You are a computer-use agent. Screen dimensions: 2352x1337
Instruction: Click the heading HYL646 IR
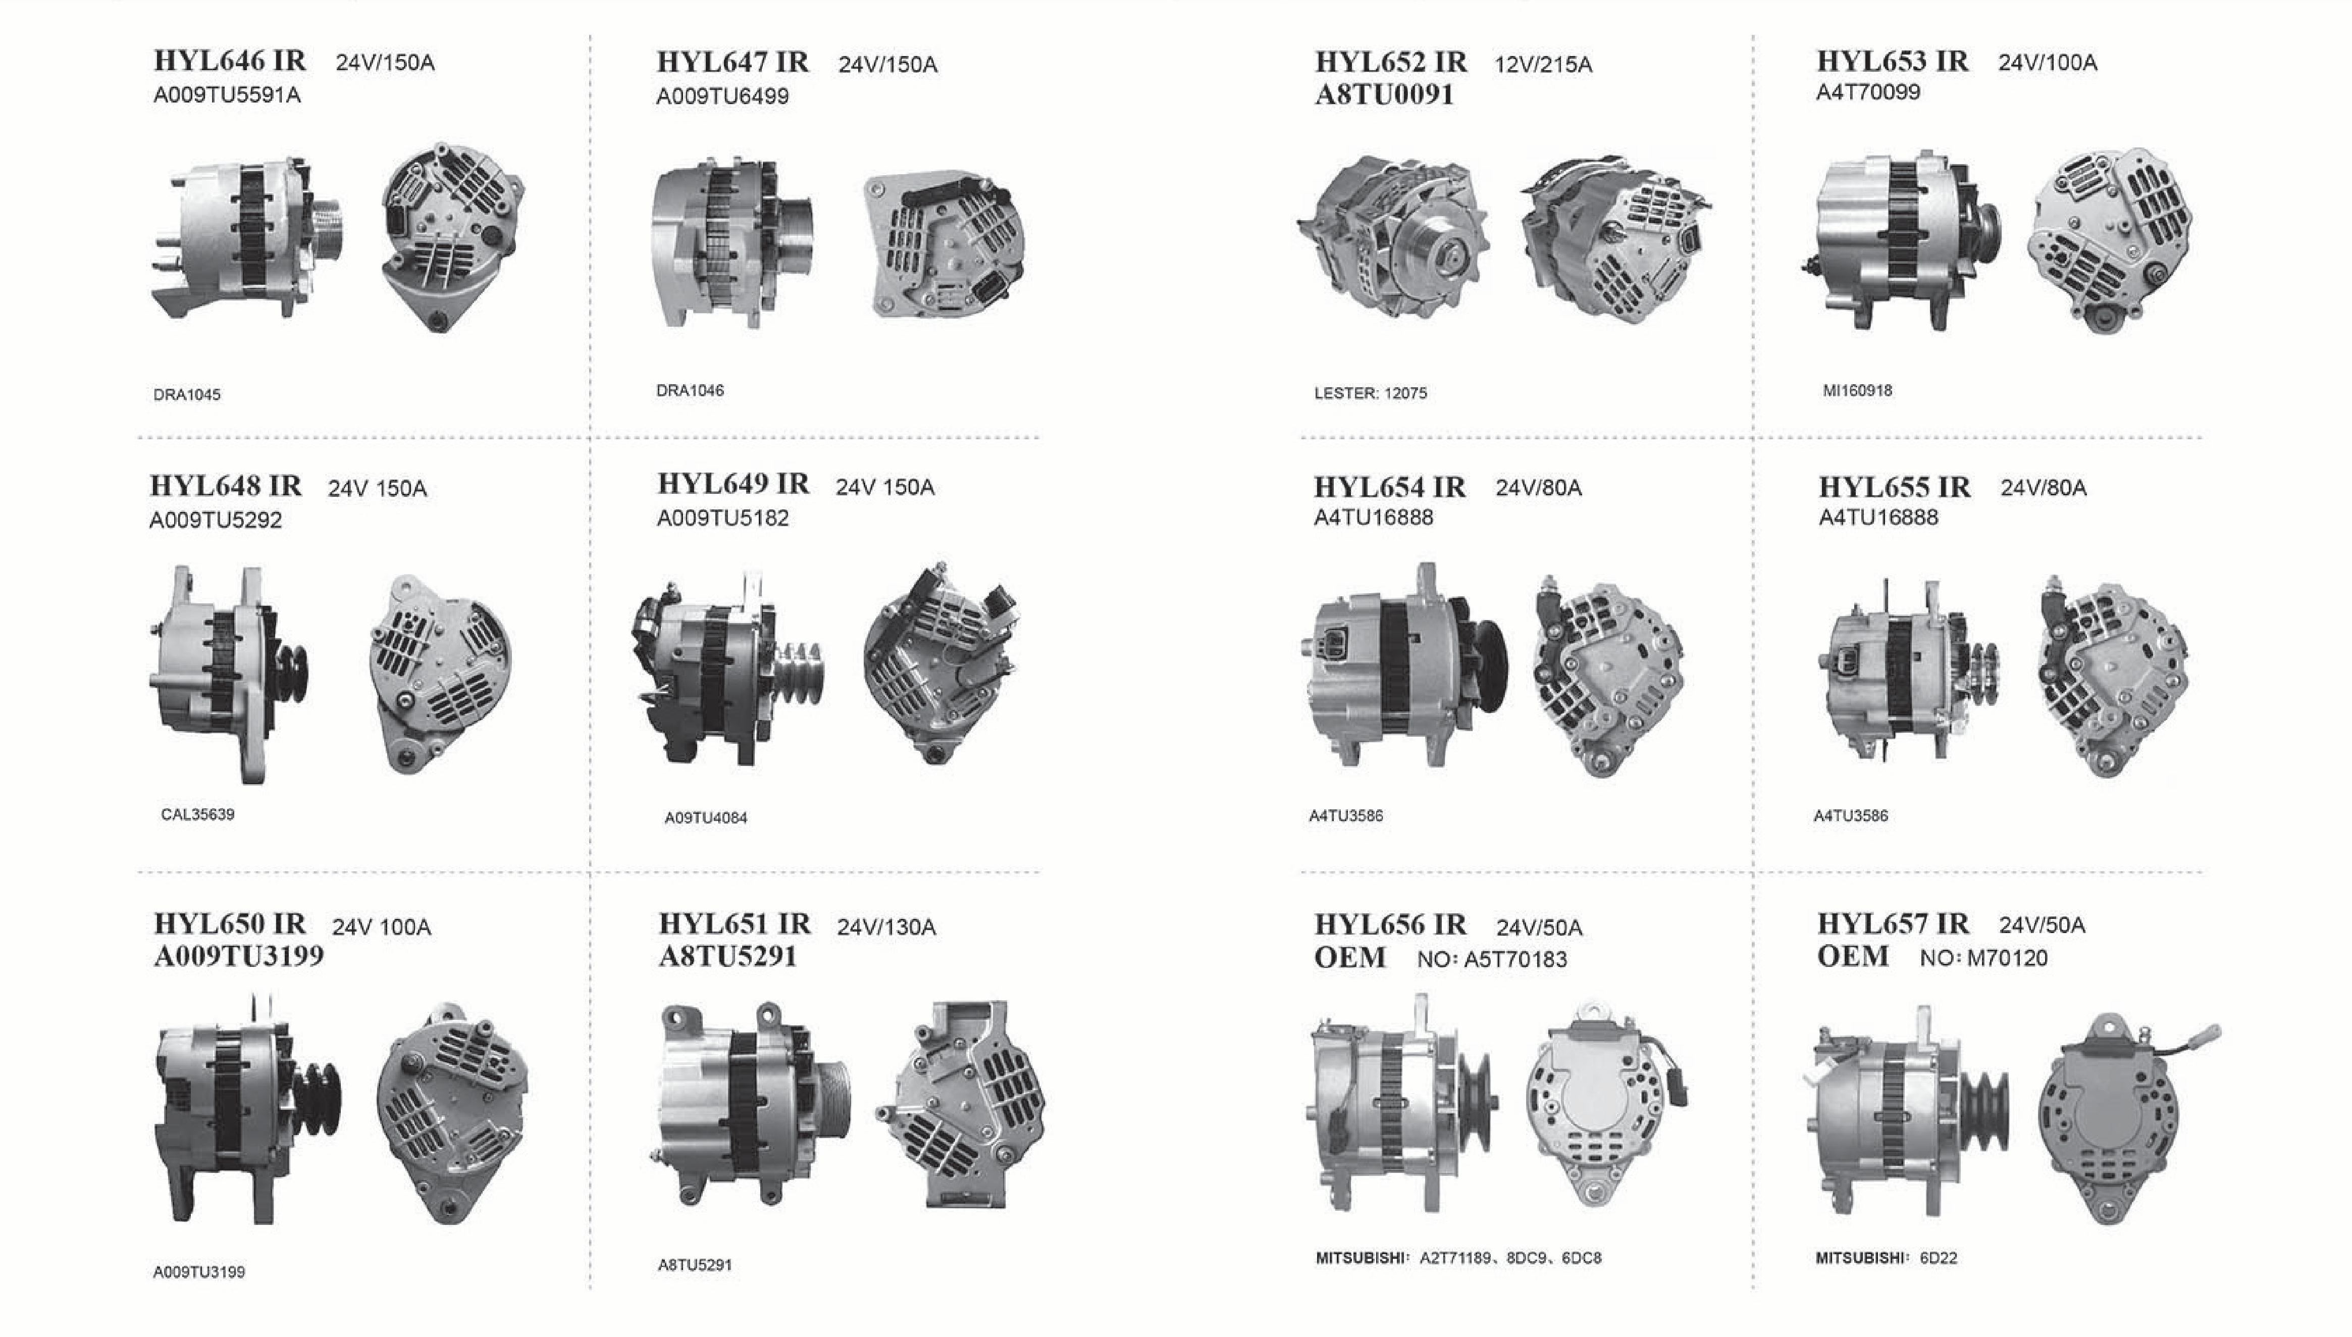click(230, 61)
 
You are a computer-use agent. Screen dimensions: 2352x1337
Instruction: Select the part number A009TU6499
click(722, 96)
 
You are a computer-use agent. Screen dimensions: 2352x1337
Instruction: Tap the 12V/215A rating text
click(1543, 64)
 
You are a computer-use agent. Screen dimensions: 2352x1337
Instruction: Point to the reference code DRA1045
click(187, 395)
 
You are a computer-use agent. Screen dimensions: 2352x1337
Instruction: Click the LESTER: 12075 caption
click(1371, 393)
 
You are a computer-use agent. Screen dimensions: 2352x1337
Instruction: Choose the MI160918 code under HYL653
click(1857, 390)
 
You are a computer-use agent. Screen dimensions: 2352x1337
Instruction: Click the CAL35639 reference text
click(197, 814)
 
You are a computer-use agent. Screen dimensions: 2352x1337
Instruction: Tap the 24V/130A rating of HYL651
click(886, 928)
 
